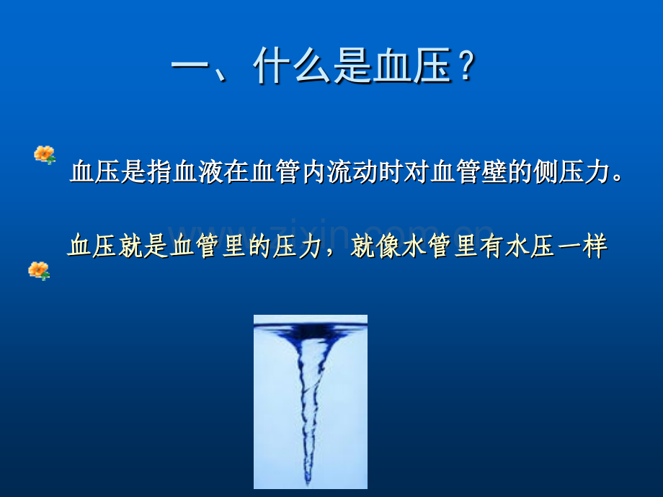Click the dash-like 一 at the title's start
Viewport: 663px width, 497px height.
pos(190,66)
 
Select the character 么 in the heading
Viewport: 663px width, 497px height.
pos(311,66)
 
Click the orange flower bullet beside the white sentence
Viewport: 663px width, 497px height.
pos(45,155)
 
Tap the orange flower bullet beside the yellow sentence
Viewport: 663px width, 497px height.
pos(39,271)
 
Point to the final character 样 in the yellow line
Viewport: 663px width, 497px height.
pos(595,246)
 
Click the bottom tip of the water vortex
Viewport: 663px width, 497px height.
pos(308,483)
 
